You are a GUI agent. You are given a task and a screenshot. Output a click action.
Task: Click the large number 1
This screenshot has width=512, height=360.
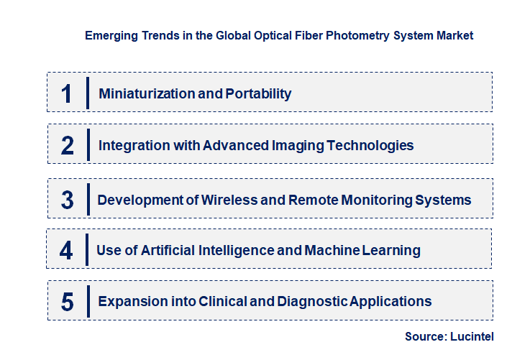(x=67, y=94)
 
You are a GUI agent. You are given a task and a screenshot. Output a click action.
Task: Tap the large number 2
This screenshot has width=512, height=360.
(x=68, y=146)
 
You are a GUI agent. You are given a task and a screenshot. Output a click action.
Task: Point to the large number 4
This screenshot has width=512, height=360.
(x=66, y=251)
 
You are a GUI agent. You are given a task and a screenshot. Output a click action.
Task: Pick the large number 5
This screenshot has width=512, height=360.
(x=68, y=302)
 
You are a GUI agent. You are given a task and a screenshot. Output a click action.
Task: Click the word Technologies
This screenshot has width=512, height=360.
(x=370, y=145)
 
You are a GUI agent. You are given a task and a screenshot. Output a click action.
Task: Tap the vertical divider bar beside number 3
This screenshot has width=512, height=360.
(x=87, y=198)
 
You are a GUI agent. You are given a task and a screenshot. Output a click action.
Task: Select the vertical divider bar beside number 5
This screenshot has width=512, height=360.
(x=88, y=300)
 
